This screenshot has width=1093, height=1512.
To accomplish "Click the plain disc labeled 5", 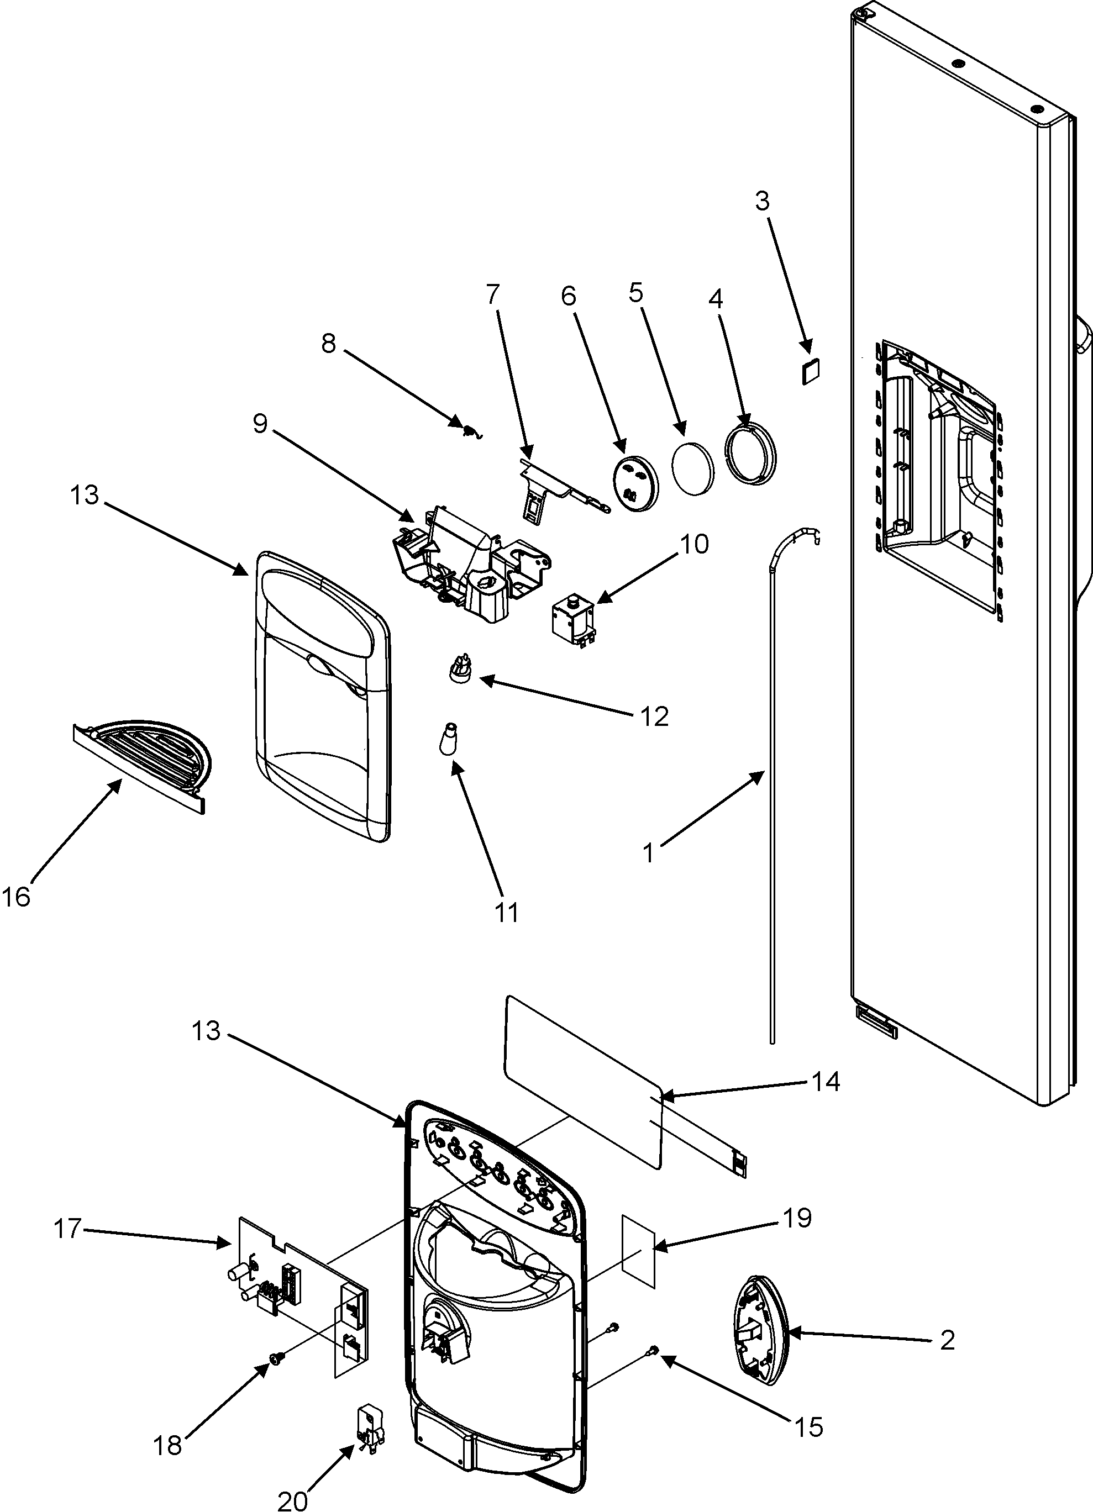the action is [693, 467].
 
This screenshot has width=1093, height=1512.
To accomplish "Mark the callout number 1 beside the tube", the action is [649, 854].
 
